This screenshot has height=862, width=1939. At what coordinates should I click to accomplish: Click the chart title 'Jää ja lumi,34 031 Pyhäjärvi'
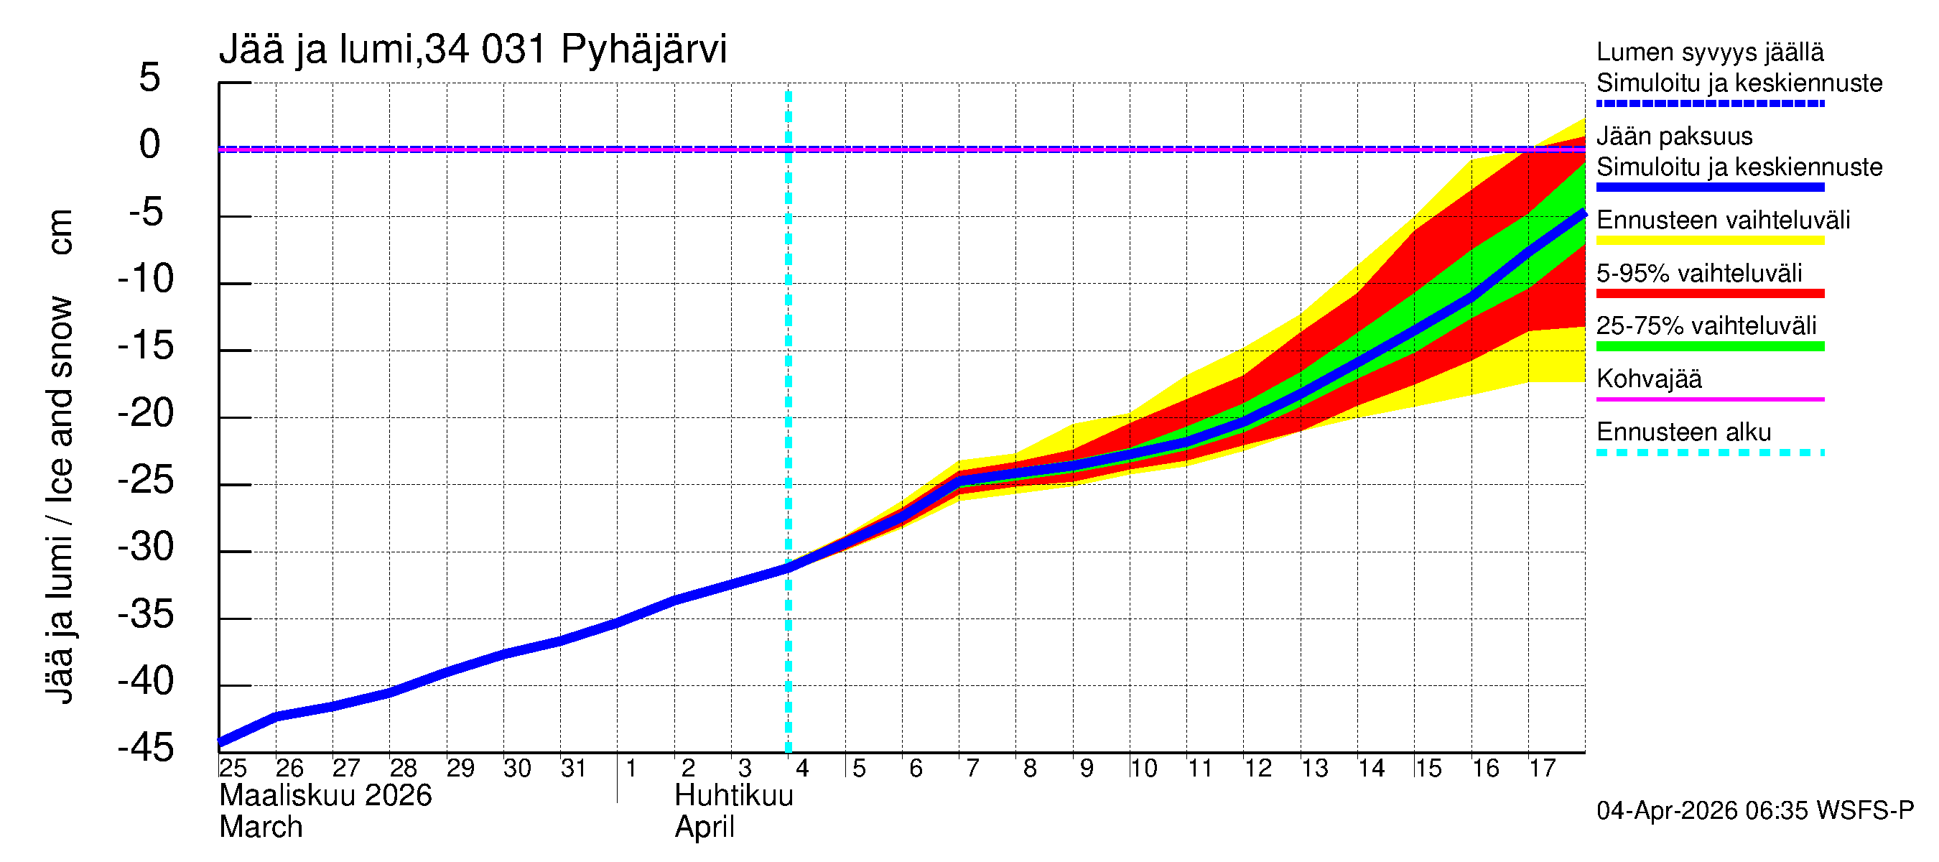473,50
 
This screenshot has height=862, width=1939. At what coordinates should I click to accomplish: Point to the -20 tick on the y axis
146,413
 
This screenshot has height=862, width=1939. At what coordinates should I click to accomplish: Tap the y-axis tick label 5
150,78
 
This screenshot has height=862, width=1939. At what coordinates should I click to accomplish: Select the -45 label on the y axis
146,749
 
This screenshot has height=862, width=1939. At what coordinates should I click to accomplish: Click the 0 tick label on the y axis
150,144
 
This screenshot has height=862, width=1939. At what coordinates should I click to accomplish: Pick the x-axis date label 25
233,769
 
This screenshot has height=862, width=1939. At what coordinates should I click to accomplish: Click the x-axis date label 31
574,769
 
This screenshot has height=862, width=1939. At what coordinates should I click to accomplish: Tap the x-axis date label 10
1143,769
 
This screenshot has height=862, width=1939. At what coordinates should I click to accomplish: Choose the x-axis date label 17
1542,769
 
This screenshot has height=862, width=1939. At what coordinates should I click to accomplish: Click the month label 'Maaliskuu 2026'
325,796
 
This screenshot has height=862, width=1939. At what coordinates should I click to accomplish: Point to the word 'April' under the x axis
705,828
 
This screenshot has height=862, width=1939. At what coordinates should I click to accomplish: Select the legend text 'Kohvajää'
1648,379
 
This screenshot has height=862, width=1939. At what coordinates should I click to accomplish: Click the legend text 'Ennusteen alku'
1683,432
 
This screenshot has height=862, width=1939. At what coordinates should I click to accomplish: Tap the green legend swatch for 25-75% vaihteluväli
1709,346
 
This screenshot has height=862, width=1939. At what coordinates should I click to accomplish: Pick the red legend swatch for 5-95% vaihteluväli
1709,294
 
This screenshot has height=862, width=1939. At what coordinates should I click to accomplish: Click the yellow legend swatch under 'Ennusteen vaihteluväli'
1709,241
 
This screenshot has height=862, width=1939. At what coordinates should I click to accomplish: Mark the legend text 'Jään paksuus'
1674,136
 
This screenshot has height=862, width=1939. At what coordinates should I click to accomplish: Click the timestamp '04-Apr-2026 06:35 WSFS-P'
1754,811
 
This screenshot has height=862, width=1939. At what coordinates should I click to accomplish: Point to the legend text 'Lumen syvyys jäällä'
1709,52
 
